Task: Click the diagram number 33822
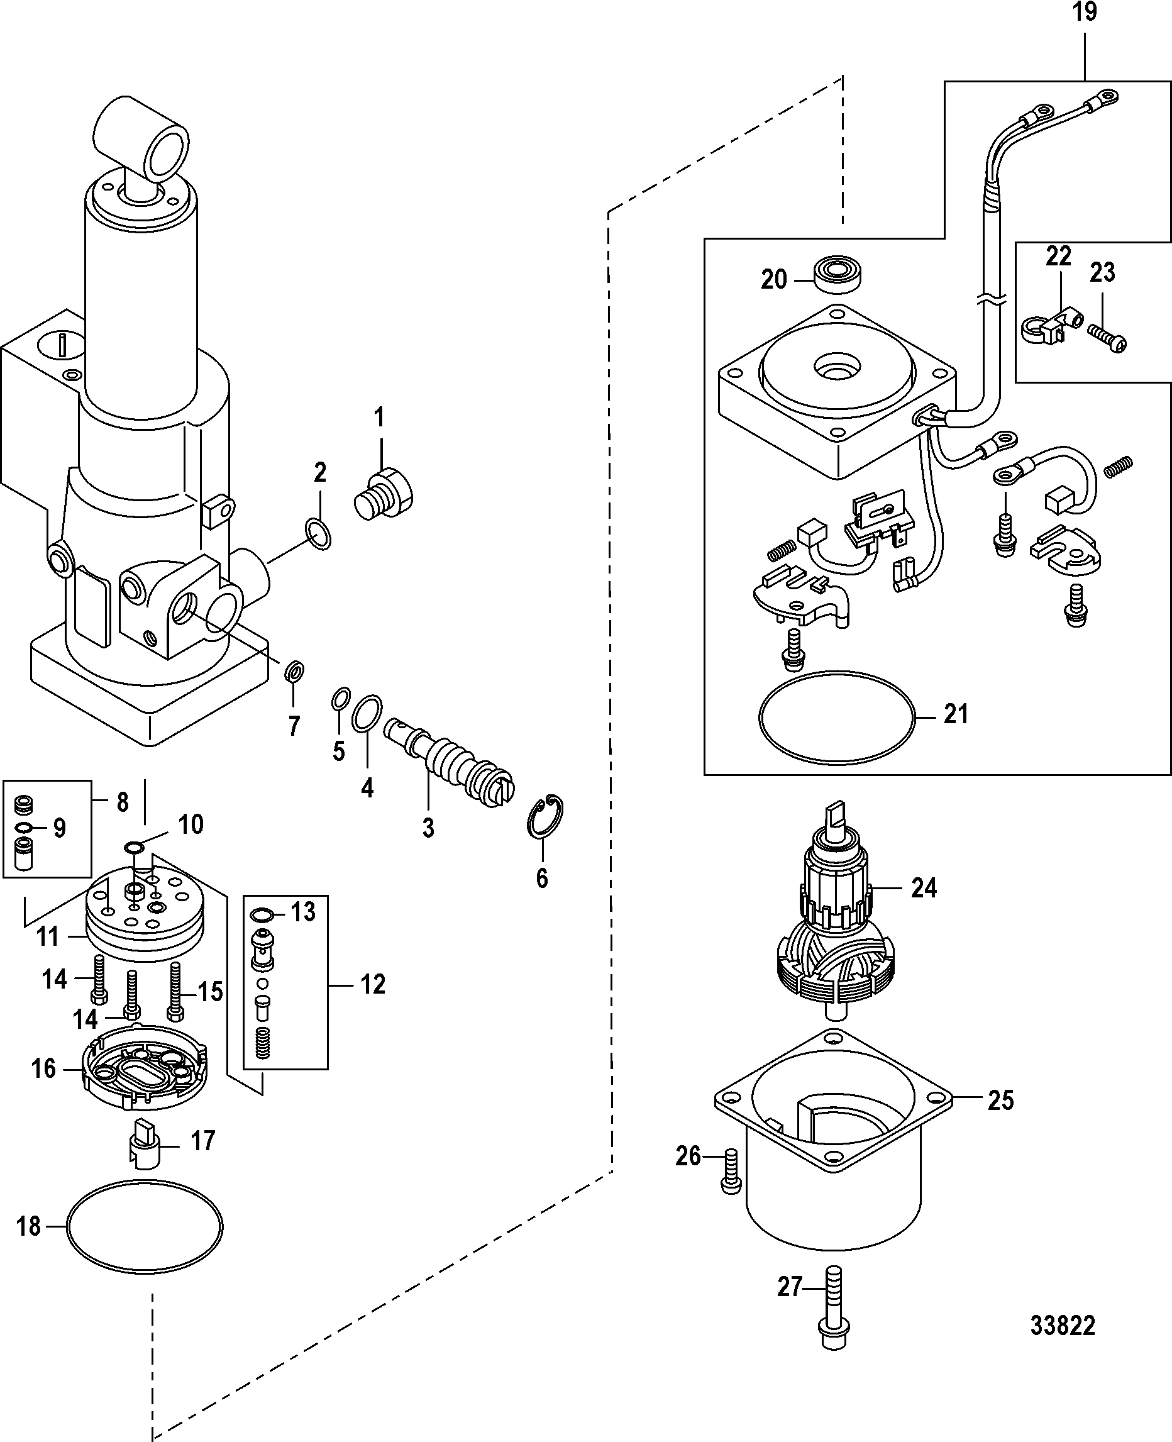(x=1062, y=1326)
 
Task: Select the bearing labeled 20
(x=837, y=275)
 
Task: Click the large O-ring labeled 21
(x=837, y=718)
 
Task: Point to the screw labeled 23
(x=1107, y=338)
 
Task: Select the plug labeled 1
(x=383, y=495)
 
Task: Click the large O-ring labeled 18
(x=145, y=1227)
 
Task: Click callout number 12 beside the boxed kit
(x=372, y=984)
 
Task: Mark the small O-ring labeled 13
(x=262, y=915)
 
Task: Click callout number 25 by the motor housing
(x=1000, y=1101)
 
